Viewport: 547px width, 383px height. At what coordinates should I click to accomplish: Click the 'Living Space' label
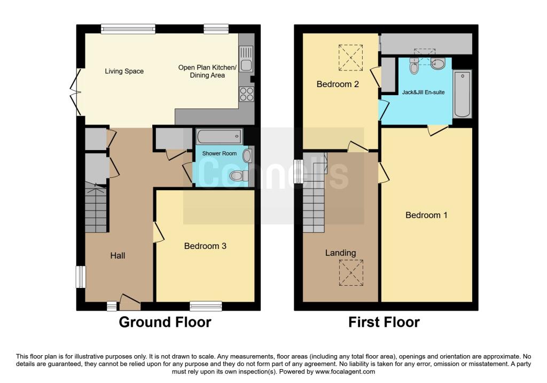pos(124,71)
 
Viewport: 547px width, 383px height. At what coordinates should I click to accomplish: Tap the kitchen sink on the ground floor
pos(246,59)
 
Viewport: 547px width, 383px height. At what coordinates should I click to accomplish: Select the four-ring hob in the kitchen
pos(246,94)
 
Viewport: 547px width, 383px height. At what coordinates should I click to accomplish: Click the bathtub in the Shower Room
pos(219,137)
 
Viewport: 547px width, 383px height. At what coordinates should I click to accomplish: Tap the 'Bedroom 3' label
pos(205,246)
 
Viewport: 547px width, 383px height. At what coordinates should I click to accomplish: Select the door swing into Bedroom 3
pos(158,232)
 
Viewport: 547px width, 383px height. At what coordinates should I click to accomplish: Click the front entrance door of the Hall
pos(129,302)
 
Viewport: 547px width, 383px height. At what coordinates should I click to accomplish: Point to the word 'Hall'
pos(118,256)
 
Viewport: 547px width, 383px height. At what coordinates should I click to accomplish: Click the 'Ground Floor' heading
pos(165,323)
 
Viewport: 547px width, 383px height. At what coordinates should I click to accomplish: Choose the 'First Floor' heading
pos(384,323)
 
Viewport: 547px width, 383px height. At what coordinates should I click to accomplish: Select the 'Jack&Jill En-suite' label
pos(423,92)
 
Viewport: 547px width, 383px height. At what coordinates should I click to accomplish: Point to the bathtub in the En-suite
pos(462,95)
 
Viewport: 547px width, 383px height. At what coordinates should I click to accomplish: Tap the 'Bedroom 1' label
pos(426,215)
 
